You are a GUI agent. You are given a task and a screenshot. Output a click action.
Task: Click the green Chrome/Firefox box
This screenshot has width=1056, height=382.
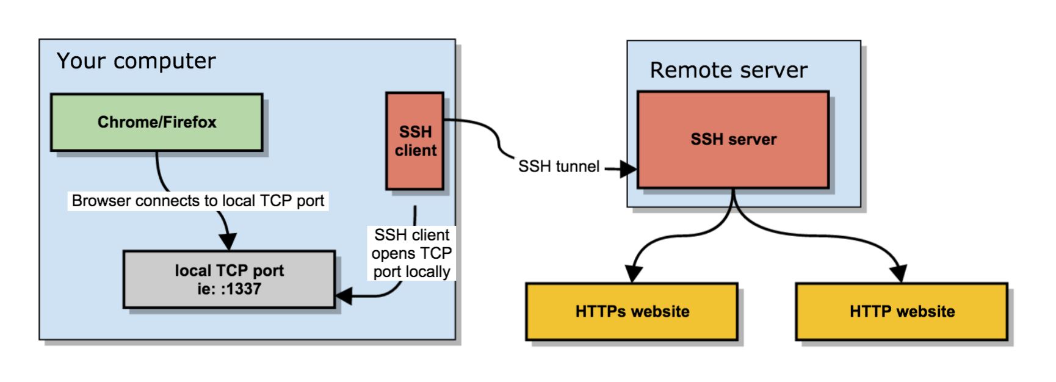point(157,122)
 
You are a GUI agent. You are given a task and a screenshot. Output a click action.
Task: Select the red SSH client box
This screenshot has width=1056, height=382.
point(415,141)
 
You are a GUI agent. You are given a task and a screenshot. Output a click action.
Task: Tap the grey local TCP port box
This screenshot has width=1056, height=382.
point(229,279)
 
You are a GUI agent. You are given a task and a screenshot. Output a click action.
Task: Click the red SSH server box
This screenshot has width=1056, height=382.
point(733,139)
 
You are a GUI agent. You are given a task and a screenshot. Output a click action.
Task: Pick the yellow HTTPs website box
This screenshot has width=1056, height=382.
point(632,311)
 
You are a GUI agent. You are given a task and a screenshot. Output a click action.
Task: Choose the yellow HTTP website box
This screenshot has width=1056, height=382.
point(902,311)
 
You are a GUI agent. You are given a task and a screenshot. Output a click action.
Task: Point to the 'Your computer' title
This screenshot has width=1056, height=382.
point(136,61)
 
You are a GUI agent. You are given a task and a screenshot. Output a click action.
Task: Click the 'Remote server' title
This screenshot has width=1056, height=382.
point(728,70)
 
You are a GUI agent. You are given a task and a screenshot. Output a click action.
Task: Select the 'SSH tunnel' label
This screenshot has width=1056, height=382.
point(559,166)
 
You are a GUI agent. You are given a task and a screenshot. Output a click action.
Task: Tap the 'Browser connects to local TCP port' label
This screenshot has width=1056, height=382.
point(198,201)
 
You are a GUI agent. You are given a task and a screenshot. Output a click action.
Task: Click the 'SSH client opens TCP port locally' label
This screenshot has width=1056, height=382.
point(412,253)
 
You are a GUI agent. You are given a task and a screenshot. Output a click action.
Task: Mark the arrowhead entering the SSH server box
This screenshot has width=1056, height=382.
point(628,169)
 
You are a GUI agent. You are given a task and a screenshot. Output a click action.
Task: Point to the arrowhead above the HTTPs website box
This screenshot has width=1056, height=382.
point(634,273)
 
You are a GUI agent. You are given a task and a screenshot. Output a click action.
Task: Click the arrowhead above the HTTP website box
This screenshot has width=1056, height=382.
point(899,273)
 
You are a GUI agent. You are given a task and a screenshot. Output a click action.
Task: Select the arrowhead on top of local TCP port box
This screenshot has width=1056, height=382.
point(228,241)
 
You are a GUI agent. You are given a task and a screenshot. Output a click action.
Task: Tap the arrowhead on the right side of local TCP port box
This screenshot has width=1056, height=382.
point(344,296)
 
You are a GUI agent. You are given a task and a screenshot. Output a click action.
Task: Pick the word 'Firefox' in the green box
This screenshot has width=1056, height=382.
point(189,122)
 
